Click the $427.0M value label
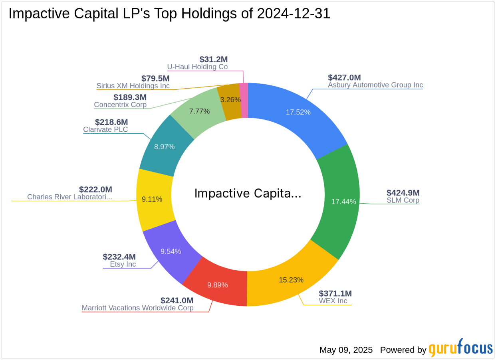coord(344,77)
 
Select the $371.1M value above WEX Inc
coord(335,293)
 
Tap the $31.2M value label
coord(214,59)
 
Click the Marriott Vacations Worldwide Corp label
coord(137,308)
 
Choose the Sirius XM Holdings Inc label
coord(133,86)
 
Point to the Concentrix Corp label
coord(120,105)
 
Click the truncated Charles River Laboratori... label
coord(69,197)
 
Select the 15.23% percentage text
coord(291,280)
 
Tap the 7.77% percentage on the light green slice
coord(199,111)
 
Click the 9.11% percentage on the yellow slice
coord(152,199)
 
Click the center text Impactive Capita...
coord(248,194)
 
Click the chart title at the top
coord(169,14)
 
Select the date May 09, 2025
coord(346,350)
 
